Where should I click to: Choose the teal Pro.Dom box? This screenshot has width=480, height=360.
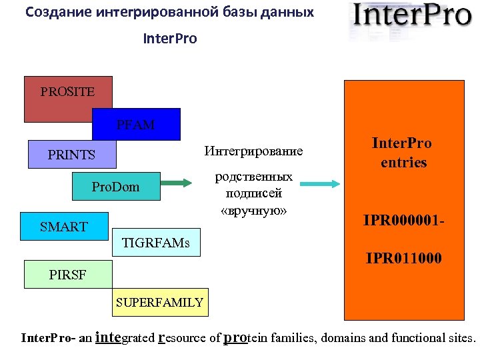[x=116, y=187]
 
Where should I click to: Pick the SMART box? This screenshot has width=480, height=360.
[x=63, y=227]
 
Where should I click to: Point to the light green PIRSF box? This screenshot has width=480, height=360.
[x=67, y=274]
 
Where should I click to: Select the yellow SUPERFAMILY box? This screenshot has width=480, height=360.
[x=159, y=303]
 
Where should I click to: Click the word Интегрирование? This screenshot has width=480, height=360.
[x=253, y=152]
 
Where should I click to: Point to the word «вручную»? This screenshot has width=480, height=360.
[x=253, y=211]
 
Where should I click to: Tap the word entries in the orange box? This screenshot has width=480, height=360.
[x=403, y=162]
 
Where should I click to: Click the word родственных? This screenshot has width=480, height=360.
[x=253, y=177]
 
